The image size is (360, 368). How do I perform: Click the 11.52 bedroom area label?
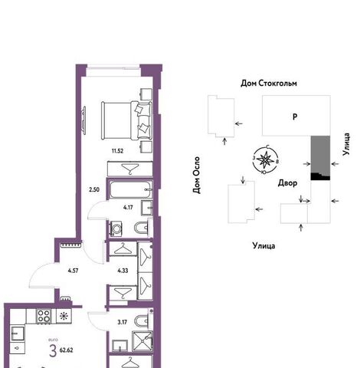117,151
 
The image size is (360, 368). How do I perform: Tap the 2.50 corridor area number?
94,189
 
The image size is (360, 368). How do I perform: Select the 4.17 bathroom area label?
128,207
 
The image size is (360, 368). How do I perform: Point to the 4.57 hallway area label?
73,271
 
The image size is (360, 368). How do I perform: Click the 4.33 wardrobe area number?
123,271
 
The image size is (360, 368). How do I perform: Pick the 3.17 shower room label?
123,322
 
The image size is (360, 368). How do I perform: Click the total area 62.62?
66,350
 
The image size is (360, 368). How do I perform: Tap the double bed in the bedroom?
126,120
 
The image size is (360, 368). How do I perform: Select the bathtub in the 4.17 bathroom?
130,189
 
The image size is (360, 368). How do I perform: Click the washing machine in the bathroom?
116,228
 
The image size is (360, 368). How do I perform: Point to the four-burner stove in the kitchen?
44,316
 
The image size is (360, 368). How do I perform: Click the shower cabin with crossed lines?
142,341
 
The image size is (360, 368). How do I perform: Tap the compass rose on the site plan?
266,159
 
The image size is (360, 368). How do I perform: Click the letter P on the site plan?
295,117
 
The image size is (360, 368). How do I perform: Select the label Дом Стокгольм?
269,84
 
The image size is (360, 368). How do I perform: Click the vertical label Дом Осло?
196,175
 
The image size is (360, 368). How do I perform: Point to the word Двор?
287,183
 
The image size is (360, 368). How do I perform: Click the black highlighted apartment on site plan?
320,176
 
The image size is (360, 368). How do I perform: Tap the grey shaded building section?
320,154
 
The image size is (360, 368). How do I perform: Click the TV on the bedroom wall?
83,120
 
